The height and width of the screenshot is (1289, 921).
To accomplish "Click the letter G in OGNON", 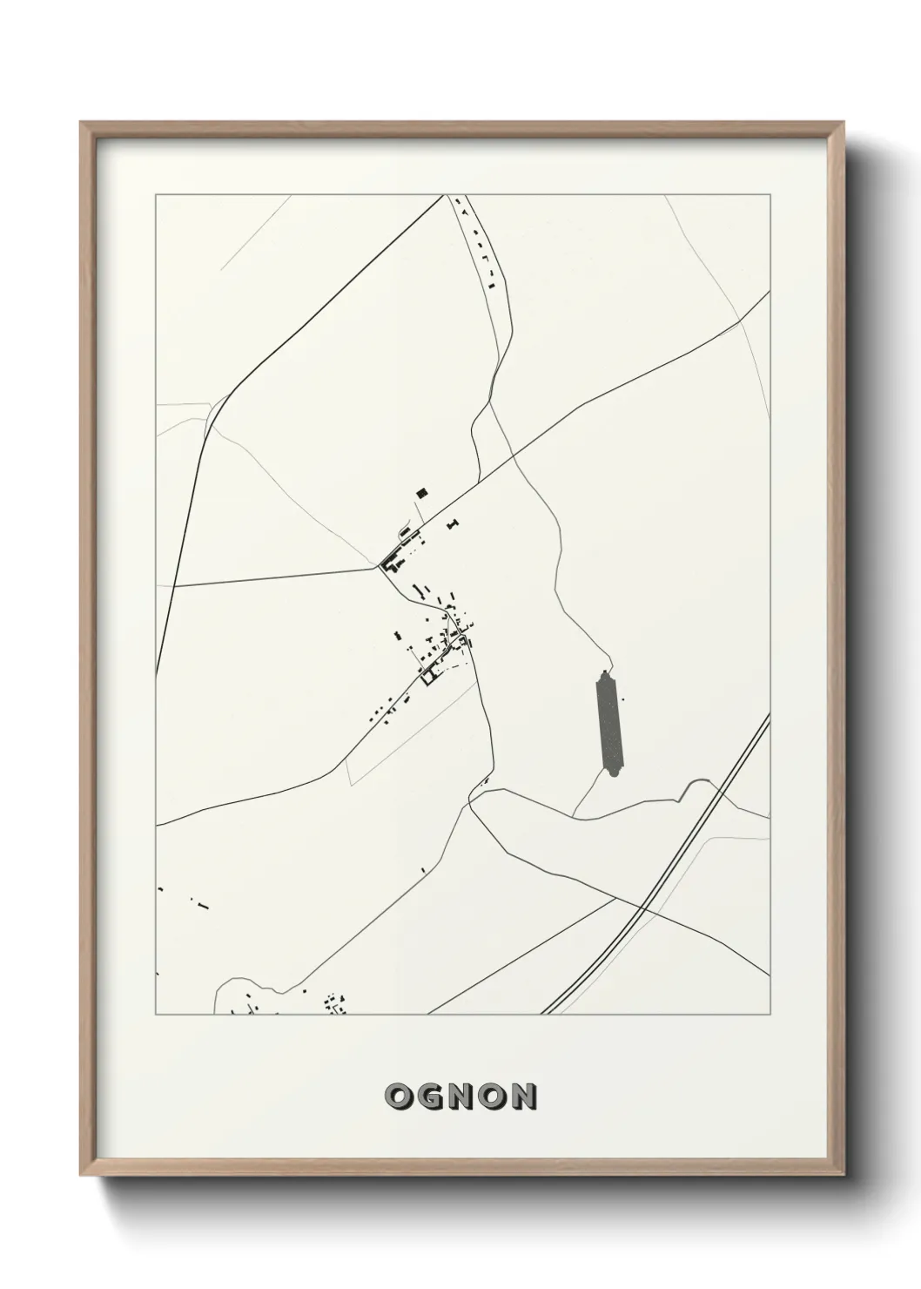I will pyautogui.click(x=428, y=1097).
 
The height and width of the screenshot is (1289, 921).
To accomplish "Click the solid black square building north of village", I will pyautogui.click(x=423, y=494).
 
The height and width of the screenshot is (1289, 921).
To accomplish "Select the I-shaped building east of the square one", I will pyautogui.click(x=452, y=524).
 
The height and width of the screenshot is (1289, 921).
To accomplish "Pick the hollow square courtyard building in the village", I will pyautogui.click(x=427, y=675).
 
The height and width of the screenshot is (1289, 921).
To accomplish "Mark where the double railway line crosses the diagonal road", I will pyautogui.click(x=643, y=907).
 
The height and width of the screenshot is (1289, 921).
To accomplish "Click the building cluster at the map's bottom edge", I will pyautogui.click(x=335, y=1004).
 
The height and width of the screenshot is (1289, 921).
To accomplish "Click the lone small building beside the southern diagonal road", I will pyautogui.click(x=423, y=869).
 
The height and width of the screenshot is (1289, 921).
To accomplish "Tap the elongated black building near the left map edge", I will pyautogui.click(x=203, y=906).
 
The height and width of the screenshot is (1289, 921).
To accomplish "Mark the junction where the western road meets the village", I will pyautogui.click(x=380, y=567).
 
